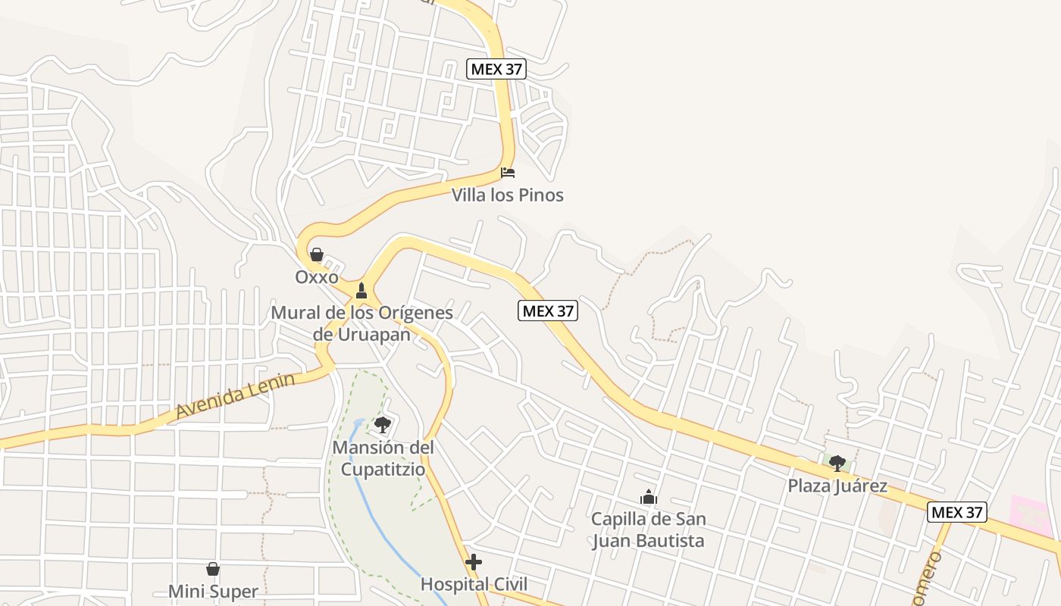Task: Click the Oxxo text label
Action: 317,277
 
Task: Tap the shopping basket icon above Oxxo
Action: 317,255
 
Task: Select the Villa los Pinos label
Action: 508,195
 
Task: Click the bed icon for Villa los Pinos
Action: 508,173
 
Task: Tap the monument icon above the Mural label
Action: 361,290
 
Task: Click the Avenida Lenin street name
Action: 235,395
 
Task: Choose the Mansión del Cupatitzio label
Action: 383,458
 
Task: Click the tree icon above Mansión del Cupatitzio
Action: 383,424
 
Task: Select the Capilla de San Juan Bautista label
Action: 648,530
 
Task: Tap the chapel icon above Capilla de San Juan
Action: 648,497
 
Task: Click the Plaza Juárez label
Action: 837,486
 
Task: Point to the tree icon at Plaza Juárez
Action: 837,463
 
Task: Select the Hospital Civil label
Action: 474,584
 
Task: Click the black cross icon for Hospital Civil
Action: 474,562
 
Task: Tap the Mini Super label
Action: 213,591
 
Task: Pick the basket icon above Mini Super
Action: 213,568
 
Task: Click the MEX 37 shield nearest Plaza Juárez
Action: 957,512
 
